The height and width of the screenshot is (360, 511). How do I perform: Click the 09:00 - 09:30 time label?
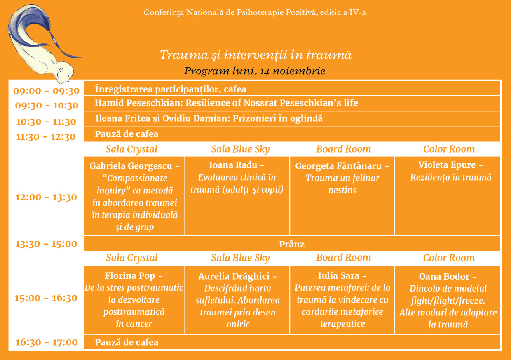(x=46, y=91)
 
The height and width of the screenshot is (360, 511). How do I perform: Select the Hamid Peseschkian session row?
(x=292, y=104)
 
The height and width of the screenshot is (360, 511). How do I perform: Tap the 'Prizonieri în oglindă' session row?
(x=292, y=119)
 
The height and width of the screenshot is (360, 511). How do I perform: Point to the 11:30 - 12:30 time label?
(x=46, y=137)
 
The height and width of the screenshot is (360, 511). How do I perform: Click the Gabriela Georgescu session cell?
(x=134, y=196)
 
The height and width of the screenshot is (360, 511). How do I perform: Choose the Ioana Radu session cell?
(x=237, y=196)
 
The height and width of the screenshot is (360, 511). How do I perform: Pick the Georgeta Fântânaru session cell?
(x=342, y=196)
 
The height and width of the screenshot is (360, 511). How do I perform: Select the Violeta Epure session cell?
(x=448, y=196)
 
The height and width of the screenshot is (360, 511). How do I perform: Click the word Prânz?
(x=292, y=244)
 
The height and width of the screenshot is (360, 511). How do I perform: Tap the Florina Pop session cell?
(x=134, y=300)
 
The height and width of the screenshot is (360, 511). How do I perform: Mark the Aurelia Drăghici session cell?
(x=237, y=300)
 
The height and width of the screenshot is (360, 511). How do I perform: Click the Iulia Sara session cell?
(x=342, y=300)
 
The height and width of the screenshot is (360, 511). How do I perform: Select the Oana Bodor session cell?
(x=448, y=300)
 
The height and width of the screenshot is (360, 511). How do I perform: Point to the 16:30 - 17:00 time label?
(x=47, y=342)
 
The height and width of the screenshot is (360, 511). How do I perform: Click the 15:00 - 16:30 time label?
(x=46, y=298)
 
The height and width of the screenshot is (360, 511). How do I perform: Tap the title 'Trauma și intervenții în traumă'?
(x=256, y=55)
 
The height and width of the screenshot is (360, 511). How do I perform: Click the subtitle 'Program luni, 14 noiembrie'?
(x=255, y=71)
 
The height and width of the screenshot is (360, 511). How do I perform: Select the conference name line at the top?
(x=255, y=12)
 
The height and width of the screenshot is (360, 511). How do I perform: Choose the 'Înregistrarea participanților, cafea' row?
(x=292, y=89)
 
